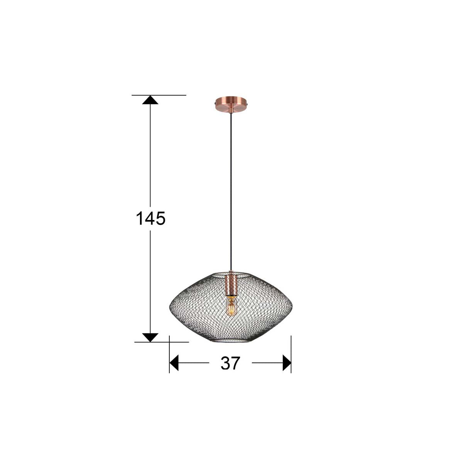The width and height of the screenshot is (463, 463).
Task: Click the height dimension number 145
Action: tap(150, 219)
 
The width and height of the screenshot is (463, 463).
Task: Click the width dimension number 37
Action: tap(230, 363)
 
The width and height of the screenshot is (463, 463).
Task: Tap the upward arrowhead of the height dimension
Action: tap(150, 100)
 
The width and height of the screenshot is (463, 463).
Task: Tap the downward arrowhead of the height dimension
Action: tap(150, 337)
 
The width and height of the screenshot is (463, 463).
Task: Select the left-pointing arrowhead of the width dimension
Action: tap(174, 363)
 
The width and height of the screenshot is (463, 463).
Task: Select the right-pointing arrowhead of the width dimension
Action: tap(287, 363)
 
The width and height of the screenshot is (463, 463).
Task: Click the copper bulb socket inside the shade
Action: tap(230, 284)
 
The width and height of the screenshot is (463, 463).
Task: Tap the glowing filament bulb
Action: tap(231, 308)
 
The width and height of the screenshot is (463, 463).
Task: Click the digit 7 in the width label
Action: tap(236, 363)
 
